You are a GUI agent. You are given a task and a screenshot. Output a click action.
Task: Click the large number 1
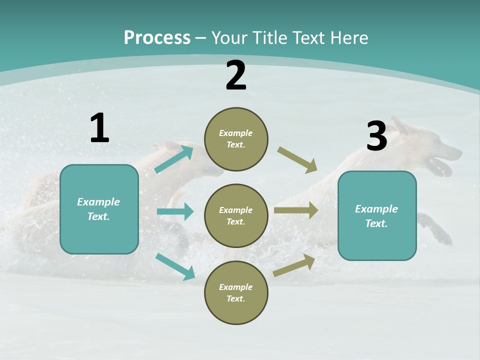[x=99, y=128]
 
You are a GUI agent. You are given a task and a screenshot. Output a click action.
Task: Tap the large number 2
[x=236, y=75]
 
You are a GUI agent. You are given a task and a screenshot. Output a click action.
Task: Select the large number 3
[x=376, y=136]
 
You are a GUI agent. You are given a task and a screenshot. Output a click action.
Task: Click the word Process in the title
[x=157, y=37]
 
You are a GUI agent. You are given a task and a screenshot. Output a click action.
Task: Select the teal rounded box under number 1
[x=99, y=209]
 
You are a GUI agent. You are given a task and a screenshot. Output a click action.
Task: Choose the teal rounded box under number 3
[x=377, y=215]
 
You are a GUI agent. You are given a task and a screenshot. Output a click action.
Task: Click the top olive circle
[x=236, y=138]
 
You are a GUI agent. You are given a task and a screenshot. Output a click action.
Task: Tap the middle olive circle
[x=236, y=215]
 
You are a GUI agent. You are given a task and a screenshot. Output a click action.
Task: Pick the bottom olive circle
[x=236, y=292]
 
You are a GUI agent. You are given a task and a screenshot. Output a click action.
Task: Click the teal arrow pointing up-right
[x=174, y=159]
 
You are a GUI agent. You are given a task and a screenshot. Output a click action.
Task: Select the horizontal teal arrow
[x=175, y=211]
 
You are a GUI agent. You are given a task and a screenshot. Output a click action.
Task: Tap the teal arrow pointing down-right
[x=175, y=266]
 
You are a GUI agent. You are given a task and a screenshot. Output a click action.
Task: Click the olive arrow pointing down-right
[x=297, y=159]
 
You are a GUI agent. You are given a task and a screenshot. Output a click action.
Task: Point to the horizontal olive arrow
[x=296, y=210]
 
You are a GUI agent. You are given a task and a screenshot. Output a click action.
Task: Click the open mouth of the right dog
[x=440, y=165]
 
